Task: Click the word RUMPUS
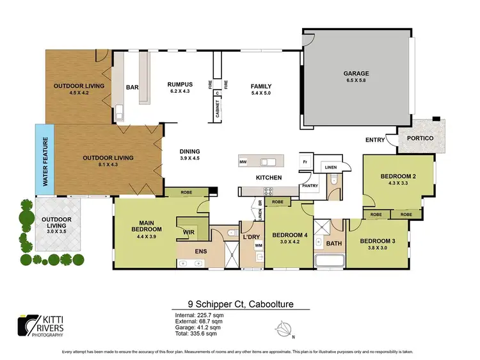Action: coord(180,85)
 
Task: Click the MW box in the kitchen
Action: coord(243,163)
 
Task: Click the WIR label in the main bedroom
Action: coord(189,232)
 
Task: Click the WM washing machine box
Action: coord(259,245)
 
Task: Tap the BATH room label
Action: coord(333,244)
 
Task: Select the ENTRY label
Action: coord(375,140)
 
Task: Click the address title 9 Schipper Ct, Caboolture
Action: coord(239,304)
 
